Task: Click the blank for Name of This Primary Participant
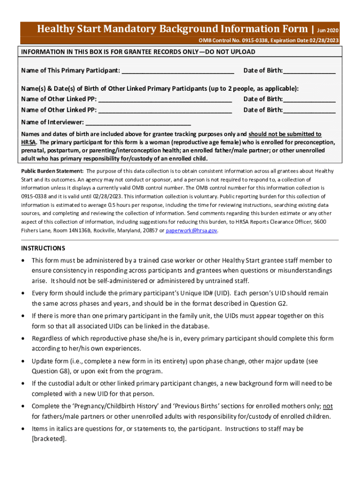click(178, 71)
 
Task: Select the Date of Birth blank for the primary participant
click(309, 71)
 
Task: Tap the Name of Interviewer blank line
click(138, 123)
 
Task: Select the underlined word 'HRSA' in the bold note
click(29, 142)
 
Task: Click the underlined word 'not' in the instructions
click(328, 406)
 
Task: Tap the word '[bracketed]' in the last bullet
click(49, 439)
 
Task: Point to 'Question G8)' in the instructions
click(50, 371)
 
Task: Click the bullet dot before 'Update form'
click(24, 362)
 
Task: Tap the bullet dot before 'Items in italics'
click(24, 429)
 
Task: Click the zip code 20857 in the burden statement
click(149, 231)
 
